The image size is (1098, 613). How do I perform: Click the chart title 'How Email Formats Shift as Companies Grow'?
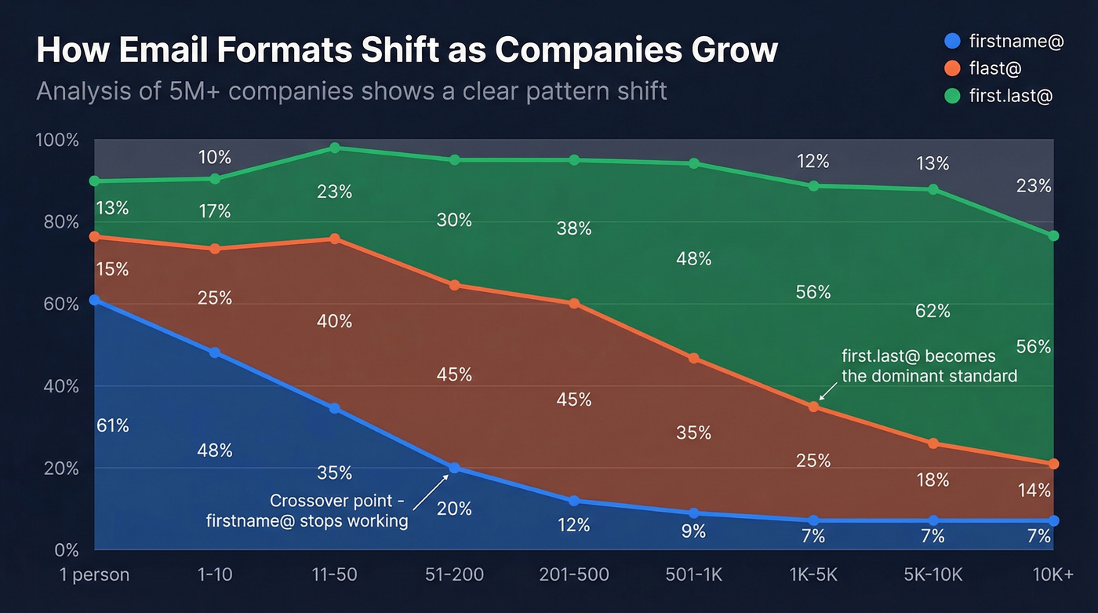406,50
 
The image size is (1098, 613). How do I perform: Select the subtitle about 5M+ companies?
351,91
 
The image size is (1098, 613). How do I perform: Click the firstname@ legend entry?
1005,42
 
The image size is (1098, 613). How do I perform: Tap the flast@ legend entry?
983,69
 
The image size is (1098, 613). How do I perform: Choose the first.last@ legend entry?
999,96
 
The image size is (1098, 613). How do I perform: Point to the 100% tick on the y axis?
57,140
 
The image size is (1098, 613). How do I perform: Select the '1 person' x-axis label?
94,575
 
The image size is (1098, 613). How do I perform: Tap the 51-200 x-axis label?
454,575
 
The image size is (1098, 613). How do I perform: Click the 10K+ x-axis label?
1053,575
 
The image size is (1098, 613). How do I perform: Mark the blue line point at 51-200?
454,468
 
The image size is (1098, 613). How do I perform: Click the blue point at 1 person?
95,300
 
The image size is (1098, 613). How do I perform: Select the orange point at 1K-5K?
813,407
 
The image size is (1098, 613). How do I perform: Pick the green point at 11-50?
335,148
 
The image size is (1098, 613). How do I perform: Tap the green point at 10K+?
1053,235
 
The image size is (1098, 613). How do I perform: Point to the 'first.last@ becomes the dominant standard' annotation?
929,366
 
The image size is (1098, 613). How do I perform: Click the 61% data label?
112,425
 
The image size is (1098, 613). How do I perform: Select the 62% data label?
933,311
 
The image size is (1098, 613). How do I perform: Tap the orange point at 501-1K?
693,358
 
